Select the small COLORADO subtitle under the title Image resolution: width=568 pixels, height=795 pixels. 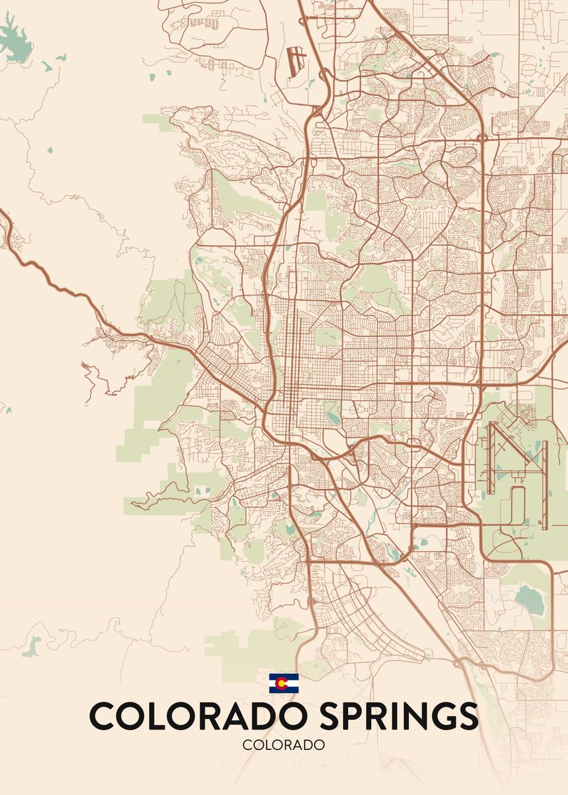pos(284,745)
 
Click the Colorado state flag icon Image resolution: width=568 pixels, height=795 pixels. pos(284,683)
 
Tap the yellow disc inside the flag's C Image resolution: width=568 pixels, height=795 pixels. pos(284,683)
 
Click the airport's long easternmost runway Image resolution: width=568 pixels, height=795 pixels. pos(544,484)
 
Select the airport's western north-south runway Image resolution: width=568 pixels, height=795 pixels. pos(490,457)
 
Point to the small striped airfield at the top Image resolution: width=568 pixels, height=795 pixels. pos(296,60)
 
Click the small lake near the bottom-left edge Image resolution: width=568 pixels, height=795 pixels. pos(31,646)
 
